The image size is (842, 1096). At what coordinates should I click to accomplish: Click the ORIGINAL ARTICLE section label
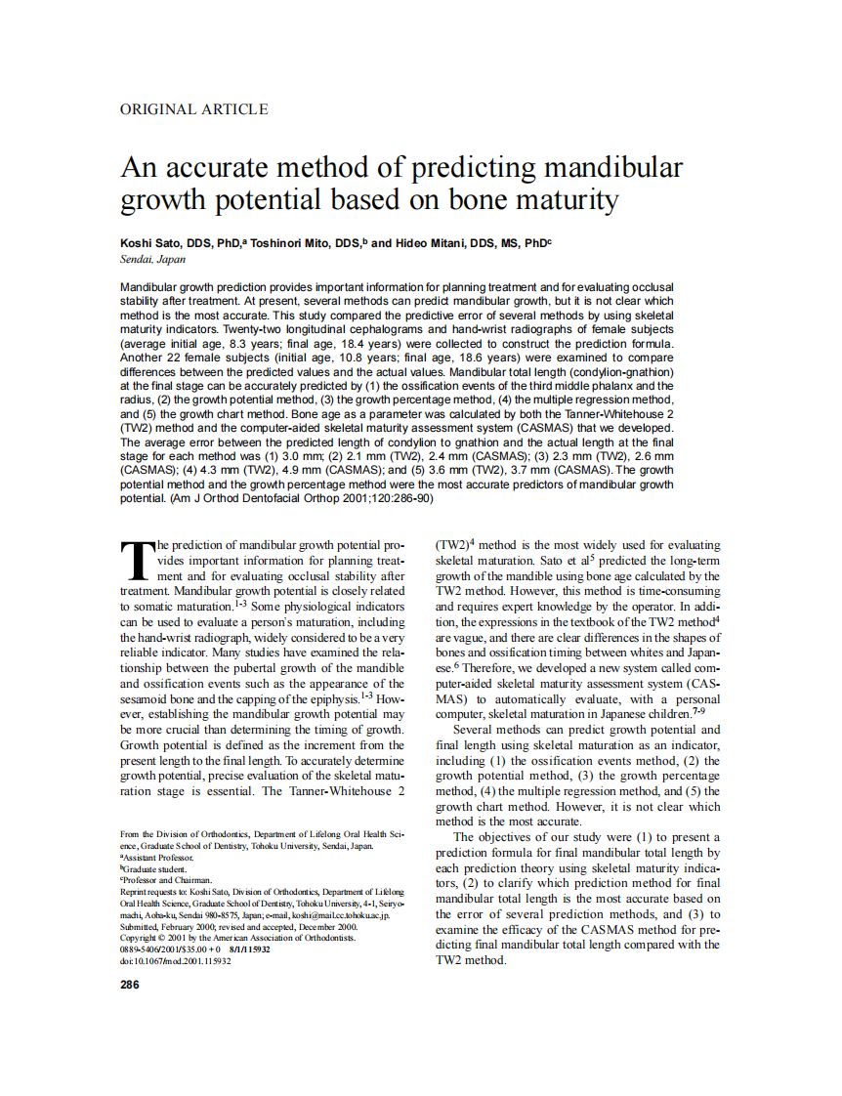tap(193, 109)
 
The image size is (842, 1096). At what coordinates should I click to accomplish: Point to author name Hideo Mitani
tap(433, 243)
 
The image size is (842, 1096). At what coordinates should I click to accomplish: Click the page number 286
tap(129, 984)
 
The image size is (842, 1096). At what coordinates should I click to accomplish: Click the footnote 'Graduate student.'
tap(154, 868)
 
